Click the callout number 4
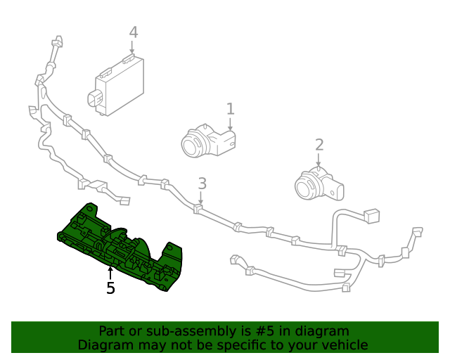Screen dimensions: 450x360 [133, 32]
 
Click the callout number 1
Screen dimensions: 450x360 [230, 108]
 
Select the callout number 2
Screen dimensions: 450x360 [319, 145]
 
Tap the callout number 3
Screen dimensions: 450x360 [202, 184]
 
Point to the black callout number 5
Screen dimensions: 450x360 [110, 288]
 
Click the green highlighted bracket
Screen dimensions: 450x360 [120, 246]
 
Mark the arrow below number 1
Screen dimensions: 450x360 [230, 124]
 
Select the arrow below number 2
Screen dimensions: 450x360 [319, 160]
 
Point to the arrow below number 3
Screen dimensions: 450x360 [201, 199]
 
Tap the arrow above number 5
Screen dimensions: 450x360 [110, 272]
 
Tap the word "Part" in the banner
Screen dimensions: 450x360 [112, 331]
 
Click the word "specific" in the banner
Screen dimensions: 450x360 [229, 345]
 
